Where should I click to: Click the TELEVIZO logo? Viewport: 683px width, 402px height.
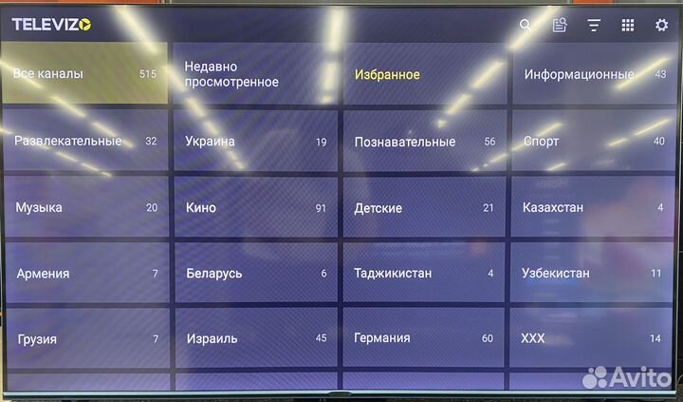coord(52,26)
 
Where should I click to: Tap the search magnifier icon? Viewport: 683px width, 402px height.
coord(526,26)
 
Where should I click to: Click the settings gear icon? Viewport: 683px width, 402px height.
coord(661,26)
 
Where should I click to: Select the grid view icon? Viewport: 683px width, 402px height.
coord(628,26)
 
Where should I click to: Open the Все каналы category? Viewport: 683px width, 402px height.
coord(84,73)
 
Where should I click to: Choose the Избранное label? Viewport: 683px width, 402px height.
coord(387,74)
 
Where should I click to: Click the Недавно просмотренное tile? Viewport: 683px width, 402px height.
coord(254,74)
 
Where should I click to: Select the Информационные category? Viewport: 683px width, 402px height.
coord(579,74)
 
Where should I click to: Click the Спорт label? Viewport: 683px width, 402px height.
coord(541,142)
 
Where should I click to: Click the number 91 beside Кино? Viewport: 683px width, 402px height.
coord(321,208)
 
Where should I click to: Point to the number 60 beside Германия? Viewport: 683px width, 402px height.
coord(488,338)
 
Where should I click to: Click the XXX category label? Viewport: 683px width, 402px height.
coord(533,338)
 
